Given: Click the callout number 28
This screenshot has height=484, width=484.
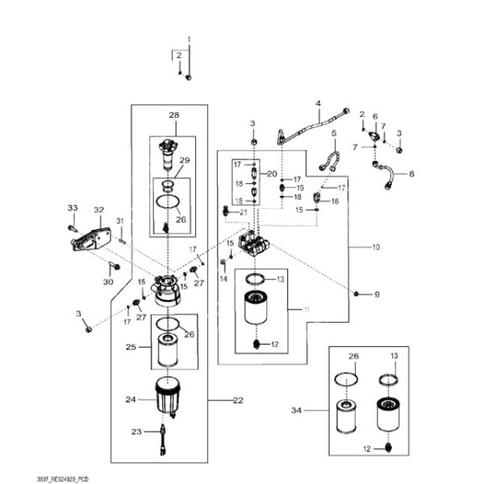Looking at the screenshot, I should click(173, 115).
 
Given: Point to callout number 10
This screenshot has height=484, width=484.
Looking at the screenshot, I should click(375, 246).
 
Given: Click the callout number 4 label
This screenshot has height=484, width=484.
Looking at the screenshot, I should click(318, 103).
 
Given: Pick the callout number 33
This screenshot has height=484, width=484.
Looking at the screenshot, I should click(72, 208).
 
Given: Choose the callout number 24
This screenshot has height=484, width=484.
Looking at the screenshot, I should click(129, 398).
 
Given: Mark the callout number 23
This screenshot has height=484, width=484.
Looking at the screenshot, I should click(136, 432).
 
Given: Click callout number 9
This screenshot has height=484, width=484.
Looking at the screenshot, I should click(375, 295).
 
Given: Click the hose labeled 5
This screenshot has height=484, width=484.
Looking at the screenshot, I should click(328, 158).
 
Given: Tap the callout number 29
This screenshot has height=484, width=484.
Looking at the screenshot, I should click(184, 161).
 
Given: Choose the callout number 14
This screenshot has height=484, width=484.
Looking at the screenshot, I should click(223, 278).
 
